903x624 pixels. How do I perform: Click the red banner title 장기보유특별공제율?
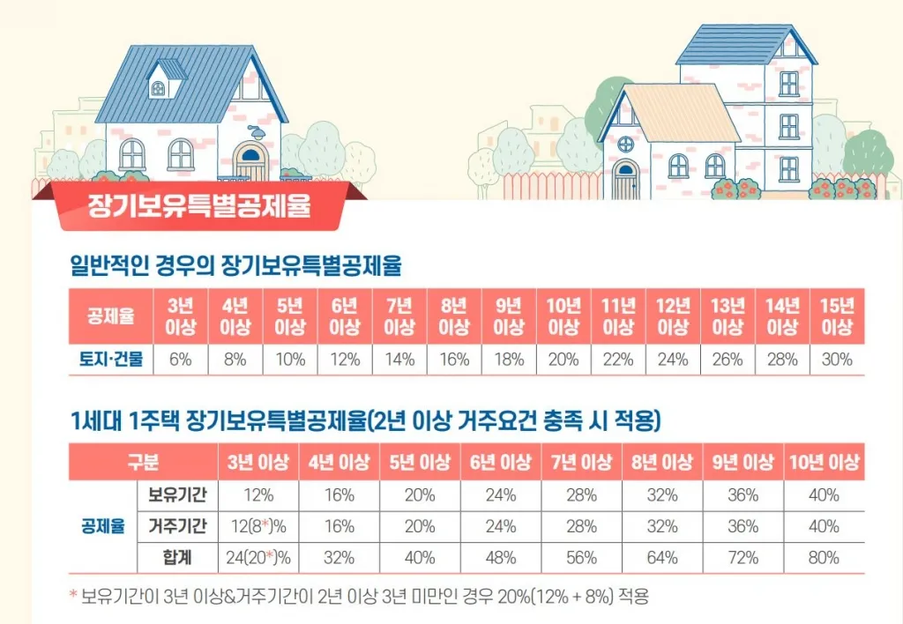point(198,208)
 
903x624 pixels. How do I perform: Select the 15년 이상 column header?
point(837,316)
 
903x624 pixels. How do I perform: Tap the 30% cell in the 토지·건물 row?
point(837,360)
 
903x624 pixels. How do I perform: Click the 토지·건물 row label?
point(111,360)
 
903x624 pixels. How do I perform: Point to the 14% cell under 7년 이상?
point(399,360)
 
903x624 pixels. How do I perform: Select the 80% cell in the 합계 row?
point(824,558)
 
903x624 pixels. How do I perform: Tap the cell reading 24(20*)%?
point(258,558)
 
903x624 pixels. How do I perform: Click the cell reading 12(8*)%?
point(258,527)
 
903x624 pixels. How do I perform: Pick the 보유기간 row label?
point(177,495)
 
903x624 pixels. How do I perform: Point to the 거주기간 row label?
point(177,527)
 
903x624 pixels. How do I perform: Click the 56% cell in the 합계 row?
point(582,558)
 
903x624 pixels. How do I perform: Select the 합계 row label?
point(177,558)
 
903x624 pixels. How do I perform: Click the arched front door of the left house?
point(250,162)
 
